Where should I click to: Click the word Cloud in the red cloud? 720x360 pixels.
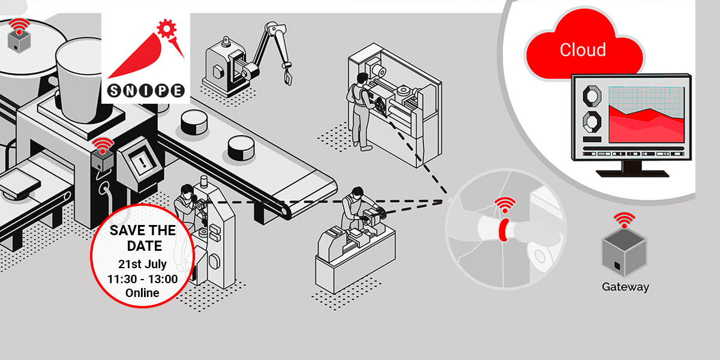[583, 50]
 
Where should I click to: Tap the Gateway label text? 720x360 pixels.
[625, 287]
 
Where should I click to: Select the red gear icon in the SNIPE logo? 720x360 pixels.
[167, 29]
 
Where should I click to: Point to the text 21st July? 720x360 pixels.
[142, 264]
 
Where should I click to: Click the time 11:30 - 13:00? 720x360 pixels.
[142, 279]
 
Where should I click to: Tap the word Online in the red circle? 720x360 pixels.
[142, 293]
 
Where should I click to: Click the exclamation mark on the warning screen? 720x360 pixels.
[143, 161]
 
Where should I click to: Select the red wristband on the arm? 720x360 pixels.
[503, 230]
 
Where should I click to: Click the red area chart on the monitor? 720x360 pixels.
[646, 125]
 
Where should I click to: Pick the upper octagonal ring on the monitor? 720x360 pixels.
[592, 95]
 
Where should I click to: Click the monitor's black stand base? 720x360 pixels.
[632, 173]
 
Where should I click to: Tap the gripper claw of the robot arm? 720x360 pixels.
[287, 77]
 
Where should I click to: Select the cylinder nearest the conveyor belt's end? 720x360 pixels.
[241, 148]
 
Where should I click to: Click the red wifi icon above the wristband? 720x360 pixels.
[505, 205]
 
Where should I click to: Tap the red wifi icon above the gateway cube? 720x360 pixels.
[624, 220]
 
